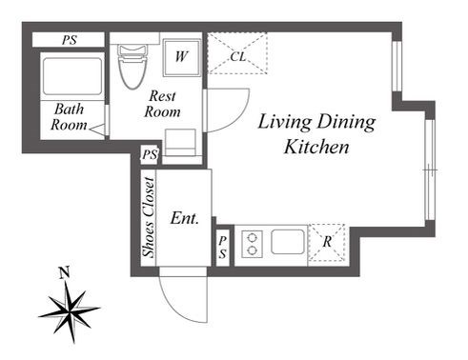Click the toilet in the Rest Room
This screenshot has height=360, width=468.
point(132,67)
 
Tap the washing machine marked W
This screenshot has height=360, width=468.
point(182,57)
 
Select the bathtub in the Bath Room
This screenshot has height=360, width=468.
point(72,76)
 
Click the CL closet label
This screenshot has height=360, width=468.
point(238,57)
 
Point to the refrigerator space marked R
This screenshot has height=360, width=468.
point(327,243)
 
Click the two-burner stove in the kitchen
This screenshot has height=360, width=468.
point(253,244)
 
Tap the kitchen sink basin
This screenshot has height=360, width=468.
point(288,242)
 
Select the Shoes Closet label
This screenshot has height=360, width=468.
point(149,217)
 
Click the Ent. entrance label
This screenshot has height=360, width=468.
point(185,218)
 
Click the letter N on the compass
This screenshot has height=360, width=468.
point(65,272)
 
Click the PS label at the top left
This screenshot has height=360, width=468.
point(70,40)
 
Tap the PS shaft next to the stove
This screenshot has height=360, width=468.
point(223,247)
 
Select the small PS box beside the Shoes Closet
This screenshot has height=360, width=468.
point(150,155)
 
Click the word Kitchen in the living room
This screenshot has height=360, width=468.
point(316,147)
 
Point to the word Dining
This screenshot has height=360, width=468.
point(346,123)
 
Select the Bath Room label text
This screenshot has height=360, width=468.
point(69,117)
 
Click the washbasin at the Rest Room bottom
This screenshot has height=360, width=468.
point(180,142)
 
